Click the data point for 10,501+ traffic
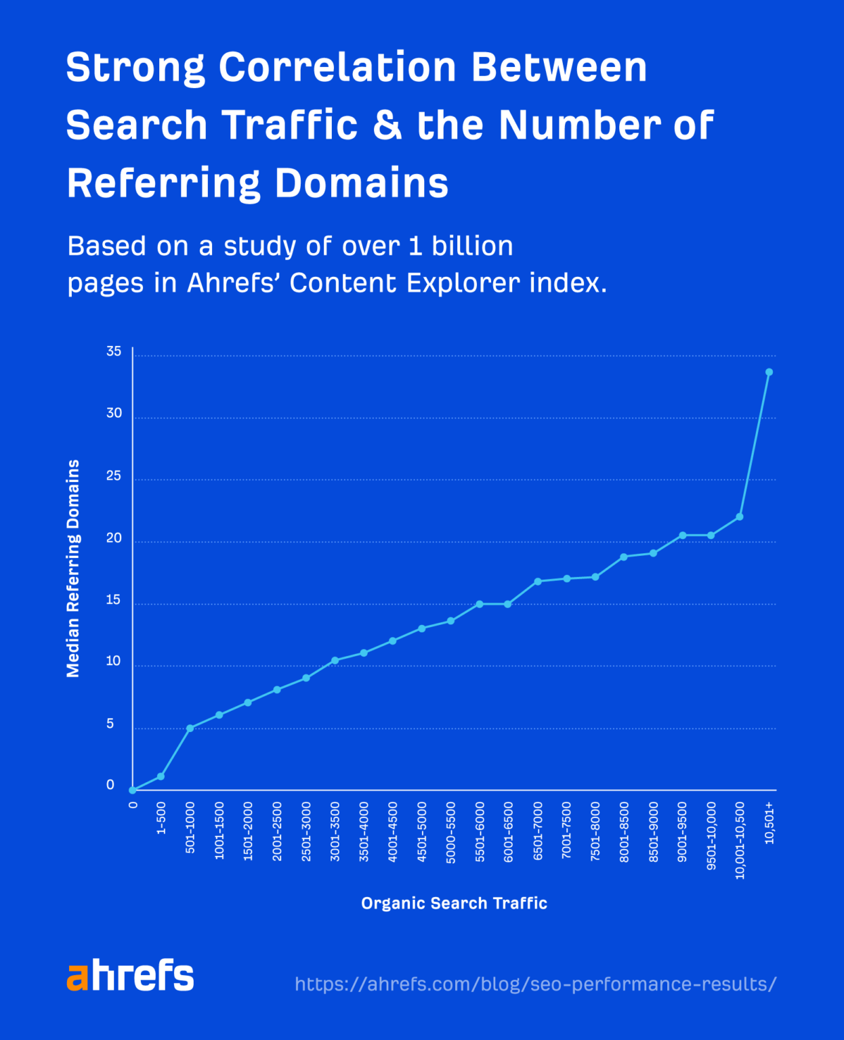tap(769, 372)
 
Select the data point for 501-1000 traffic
tap(190, 728)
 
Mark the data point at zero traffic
tap(133, 790)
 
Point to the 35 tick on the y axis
tap(114, 351)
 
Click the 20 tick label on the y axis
tap(114, 538)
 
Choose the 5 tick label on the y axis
tap(110, 724)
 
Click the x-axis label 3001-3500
tap(335, 831)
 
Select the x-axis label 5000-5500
tap(451, 832)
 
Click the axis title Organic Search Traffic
tap(454, 903)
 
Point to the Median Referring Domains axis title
tap(73, 568)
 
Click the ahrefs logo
tap(130, 976)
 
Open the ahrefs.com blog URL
tap(535, 984)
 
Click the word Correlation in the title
tap(337, 68)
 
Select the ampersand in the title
tap(387, 125)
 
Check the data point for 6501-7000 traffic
tap(538, 581)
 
